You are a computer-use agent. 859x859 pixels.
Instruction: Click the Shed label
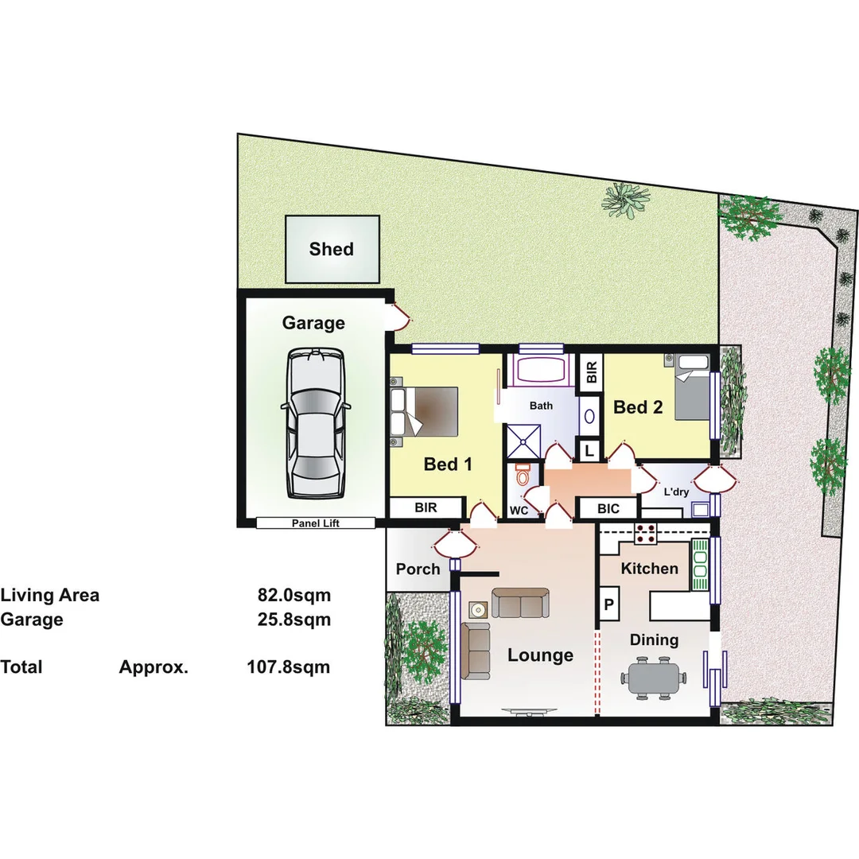pos(332,249)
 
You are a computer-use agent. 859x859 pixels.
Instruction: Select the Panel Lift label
pos(315,523)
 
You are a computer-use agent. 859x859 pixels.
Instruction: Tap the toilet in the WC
pos(522,475)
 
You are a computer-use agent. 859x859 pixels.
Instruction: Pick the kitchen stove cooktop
pos(644,534)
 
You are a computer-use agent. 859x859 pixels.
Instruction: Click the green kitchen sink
pos(700,563)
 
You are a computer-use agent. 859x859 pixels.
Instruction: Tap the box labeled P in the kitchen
pos(609,604)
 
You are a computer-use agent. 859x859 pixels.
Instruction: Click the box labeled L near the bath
pos(589,451)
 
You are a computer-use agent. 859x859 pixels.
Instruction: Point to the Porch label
pos(418,569)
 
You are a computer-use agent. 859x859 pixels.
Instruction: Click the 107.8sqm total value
pos(288,667)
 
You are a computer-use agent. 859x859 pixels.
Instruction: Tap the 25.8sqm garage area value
pos(293,619)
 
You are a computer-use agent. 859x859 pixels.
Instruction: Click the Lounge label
pos(540,655)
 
